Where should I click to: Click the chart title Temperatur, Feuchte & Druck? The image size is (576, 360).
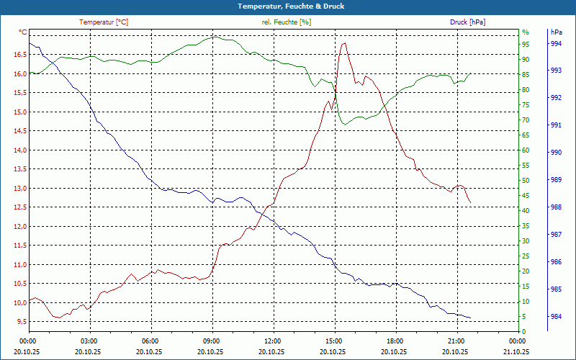click(x=288, y=6)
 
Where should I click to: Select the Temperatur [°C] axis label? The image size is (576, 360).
click(x=104, y=22)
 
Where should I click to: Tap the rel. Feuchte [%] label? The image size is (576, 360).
click(x=286, y=22)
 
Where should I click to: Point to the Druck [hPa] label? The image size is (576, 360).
click(x=467, y=22)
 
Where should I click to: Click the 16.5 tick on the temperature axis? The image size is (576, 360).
click(x=19, y=54)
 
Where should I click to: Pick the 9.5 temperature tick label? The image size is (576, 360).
click(x=21, y=322)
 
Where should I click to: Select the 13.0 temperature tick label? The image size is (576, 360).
click(x=19, y=188)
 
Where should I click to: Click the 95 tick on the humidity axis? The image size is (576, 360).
click(x=526, y=44)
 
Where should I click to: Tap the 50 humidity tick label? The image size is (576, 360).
click(x=526, y=180)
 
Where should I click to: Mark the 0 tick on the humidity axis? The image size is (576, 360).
click(x=524, y=331)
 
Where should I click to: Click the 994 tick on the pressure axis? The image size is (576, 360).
click(x=556, y=43)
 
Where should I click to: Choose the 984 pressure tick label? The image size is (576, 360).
click(x=556, y=317)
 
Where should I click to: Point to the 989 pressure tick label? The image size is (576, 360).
click(x=556, y=180)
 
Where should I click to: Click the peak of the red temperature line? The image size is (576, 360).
click(x=344, y=43)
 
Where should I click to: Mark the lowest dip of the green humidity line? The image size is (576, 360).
click(x=344, y=125)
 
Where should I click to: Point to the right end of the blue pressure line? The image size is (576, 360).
click(x=471, y=318)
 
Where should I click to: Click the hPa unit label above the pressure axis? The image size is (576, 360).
click(x=556, y=32)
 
